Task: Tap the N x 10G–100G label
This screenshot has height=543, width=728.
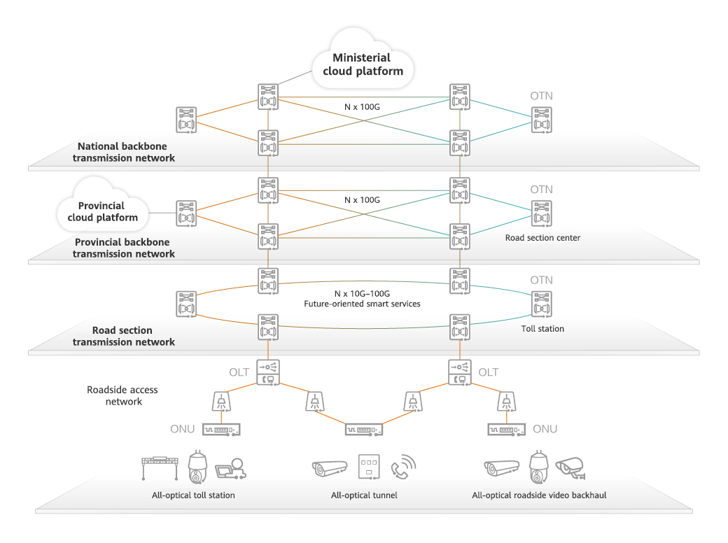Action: coord(362,293)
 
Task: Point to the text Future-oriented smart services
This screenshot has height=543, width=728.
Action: coord(362,304)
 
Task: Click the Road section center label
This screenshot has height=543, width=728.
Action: coord(542,238)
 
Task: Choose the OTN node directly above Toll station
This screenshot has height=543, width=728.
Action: coord(542,304)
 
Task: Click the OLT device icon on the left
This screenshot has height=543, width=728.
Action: coord(268,372)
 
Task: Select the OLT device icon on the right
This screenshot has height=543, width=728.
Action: coord(459,372)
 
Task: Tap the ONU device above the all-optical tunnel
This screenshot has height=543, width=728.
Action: coord(363,429)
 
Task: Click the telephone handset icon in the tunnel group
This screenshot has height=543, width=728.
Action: coord(403,467)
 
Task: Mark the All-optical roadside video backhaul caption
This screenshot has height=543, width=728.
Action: coord(539,495)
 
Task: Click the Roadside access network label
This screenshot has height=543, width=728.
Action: coord(122,395)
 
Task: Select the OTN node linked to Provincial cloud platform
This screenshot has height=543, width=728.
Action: coord(186,213)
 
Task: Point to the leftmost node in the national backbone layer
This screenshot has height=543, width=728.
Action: coord(186,120)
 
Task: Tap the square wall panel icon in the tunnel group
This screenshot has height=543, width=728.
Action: coord(368,467)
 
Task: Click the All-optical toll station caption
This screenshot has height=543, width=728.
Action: coord(193,495)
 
